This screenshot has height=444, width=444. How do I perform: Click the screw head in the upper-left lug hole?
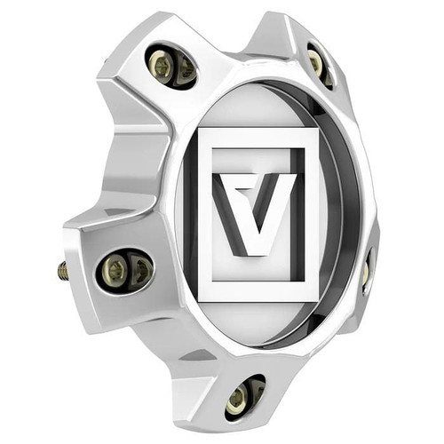(x=163, y=65)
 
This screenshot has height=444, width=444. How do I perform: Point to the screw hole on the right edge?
(x=366, y=271)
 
